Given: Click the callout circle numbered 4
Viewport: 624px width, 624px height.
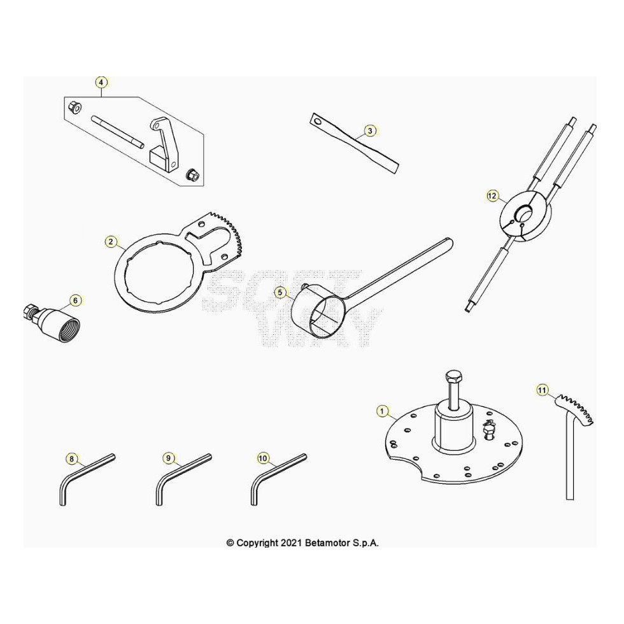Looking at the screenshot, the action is pyautogui.click(x=101, y=82).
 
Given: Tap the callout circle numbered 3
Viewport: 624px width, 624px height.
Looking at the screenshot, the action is pyautogui.click(x=370, y=131).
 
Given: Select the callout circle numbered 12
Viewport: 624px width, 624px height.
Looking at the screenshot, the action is pyautogui.click(x=492, y=196).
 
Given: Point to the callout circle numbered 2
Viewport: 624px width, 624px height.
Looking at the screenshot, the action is pyautogui.click(x=111, y=241).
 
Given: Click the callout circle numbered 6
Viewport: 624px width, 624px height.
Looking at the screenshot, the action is pyautogui.click(x=76, y=301).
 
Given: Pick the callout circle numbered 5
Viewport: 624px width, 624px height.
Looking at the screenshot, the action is pyautogui.click(x=280, y=293).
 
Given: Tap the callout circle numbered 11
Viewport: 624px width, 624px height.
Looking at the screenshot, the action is pyautogui.click(x=542, y=390).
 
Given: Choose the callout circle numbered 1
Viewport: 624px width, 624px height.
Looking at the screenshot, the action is pyautogui.click(x=383, y=411).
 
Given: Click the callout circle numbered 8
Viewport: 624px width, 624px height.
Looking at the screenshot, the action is pyautogui.click(x=71, y=459).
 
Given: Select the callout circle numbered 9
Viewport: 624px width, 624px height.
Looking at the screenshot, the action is pyautogui.click(x=168, y=458).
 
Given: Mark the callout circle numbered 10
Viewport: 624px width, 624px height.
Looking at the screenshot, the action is pyautogui.click(x=262, y=458).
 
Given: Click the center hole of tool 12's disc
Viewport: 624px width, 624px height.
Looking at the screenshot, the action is pyautogui.click(x=525, y=214).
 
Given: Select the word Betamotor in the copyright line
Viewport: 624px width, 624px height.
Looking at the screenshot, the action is pyautogui.click(x=328, y=542).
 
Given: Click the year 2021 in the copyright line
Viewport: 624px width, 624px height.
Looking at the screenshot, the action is pyautogui.click(x=292, y=542).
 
